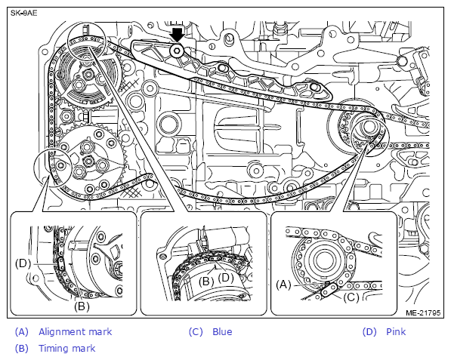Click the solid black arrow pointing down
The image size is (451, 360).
click(177, 35)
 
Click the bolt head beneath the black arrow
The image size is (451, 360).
click(176, 51)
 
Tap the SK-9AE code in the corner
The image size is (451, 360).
click(24, 14)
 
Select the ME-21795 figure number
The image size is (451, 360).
click(423, 313)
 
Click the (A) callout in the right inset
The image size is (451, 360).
click(283, 285)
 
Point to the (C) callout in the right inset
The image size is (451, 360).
click(351, 297)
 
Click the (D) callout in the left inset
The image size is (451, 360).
click(23, 263)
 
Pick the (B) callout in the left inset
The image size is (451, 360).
click(82, 306)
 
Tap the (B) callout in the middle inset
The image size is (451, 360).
click(206, 282)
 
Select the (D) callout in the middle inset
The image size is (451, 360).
click(226, 278)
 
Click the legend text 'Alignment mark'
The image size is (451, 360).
click(75, 332)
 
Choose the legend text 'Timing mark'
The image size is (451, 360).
click(66, 348)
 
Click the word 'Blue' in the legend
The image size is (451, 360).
click(222, 332)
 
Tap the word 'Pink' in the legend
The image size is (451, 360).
click(396, 332)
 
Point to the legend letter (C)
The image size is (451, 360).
click(196, 332)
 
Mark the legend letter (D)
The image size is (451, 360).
click(369, 332)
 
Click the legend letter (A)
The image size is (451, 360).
click(22, 332)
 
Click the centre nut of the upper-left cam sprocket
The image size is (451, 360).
click(88, 75)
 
